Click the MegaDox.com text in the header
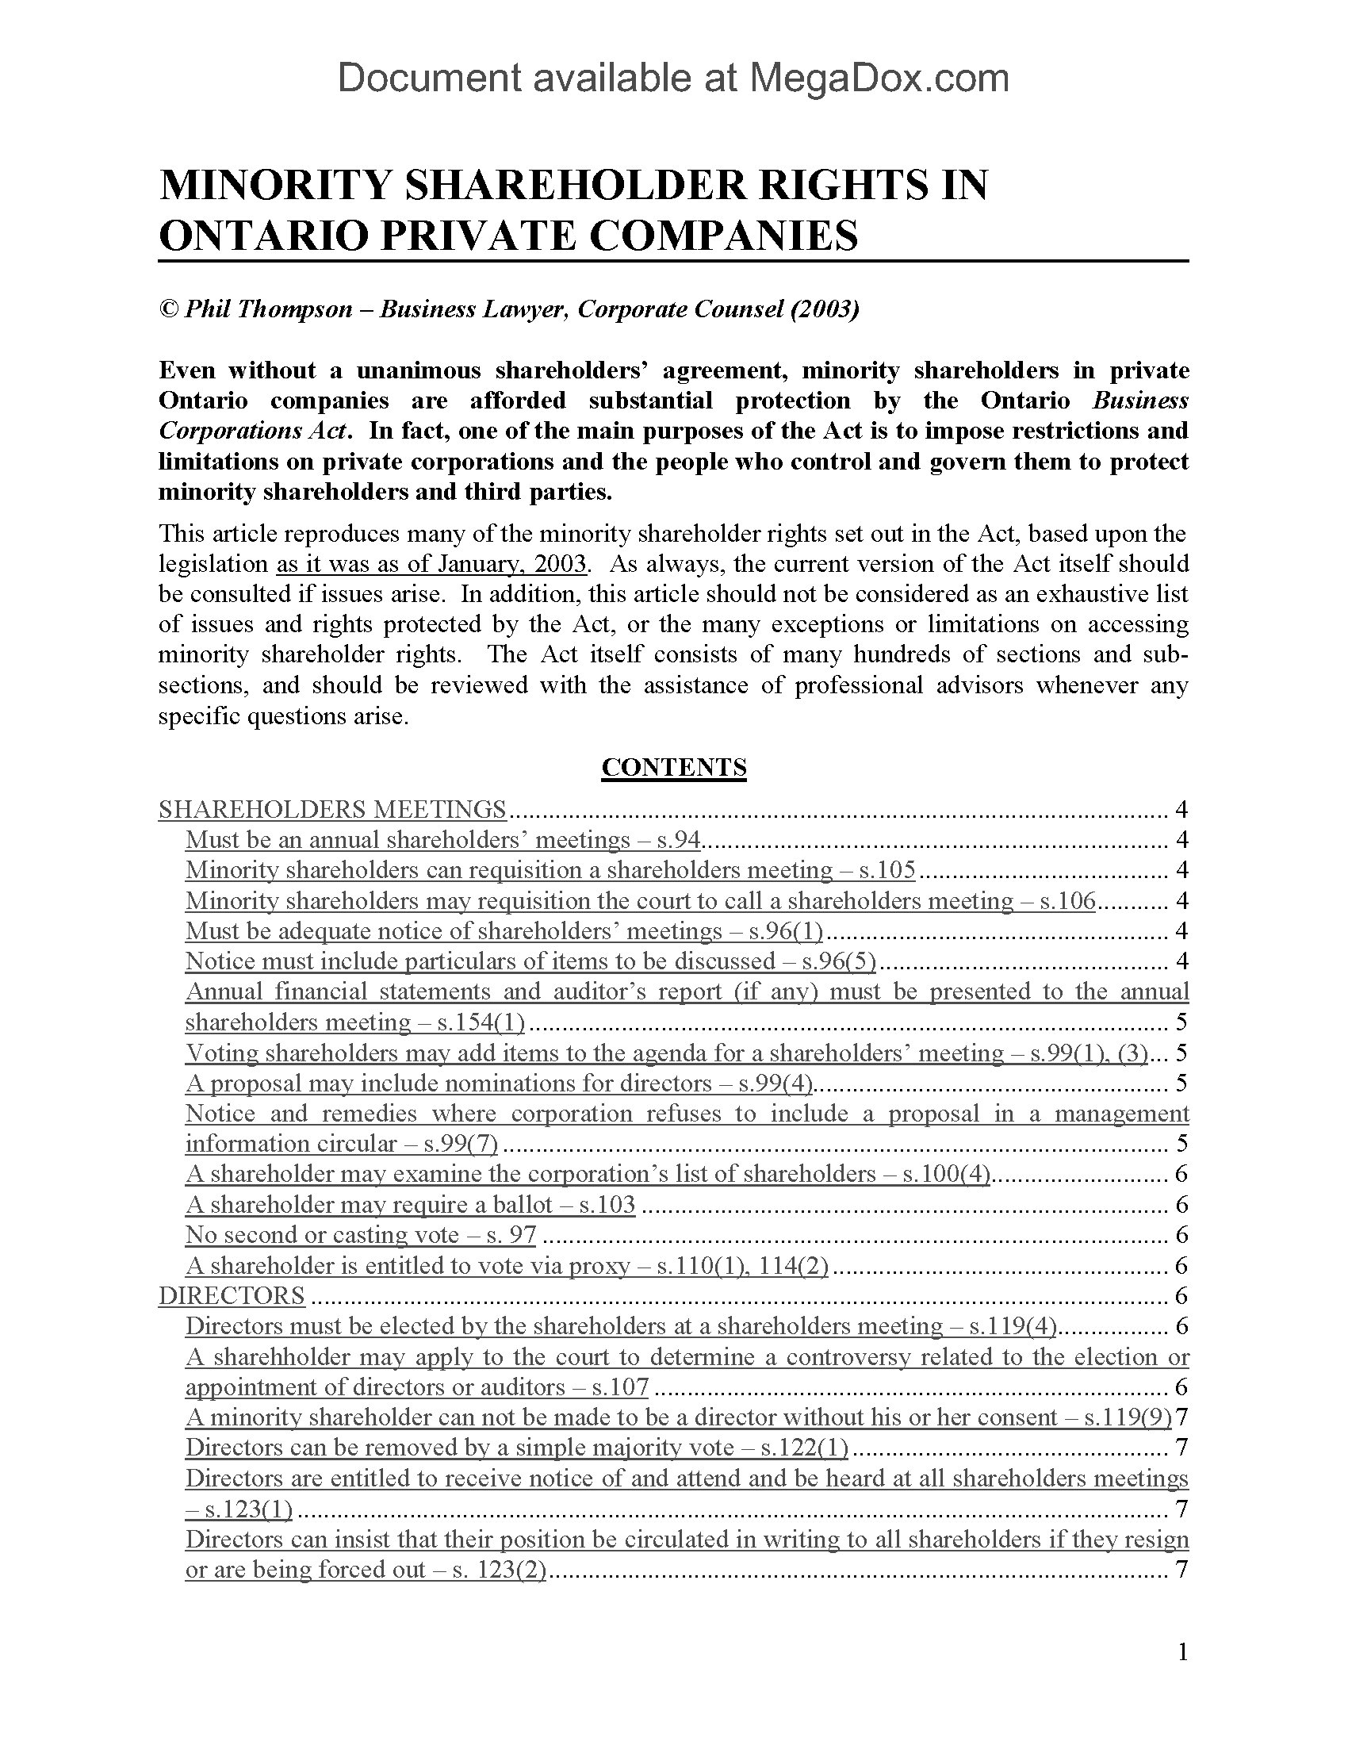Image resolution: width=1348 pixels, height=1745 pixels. [x=879, y=79]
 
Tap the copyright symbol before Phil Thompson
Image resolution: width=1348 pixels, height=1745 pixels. [x=168, y=309]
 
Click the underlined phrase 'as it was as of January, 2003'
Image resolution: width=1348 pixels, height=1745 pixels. [x=432, y=564]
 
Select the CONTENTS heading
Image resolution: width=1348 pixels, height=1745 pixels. [x=673, y=767]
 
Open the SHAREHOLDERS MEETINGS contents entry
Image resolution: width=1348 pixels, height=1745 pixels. [x=332, y=809]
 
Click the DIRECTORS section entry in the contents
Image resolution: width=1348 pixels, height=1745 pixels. [x=232, y=1296]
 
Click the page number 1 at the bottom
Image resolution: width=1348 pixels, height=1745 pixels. [x=1183, y=1652]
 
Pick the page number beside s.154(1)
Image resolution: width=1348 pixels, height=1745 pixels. [x=1182, y=1022]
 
